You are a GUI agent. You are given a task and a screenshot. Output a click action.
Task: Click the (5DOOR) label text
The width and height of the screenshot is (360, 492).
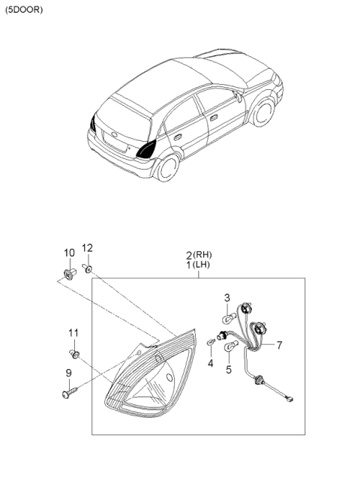tap(24, 10)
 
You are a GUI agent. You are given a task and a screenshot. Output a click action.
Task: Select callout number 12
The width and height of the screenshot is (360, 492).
tap(87, 248)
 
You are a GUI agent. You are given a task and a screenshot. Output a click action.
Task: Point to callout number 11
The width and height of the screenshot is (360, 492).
tap(73, 332)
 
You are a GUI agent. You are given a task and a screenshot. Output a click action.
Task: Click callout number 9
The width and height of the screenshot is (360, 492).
tap(68, 372)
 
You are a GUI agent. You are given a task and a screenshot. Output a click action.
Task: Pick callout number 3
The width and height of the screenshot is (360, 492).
tap(226, 299)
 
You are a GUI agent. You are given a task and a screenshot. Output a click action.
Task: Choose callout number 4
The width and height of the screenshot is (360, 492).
tap(210, 364)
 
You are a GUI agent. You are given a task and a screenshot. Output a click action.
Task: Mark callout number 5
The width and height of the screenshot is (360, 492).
tap(229, 369)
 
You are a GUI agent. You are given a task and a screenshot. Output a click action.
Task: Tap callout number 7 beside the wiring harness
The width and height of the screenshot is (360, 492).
tap(278, 345)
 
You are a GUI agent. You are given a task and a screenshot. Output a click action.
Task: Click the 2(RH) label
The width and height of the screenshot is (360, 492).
tap(199, 255)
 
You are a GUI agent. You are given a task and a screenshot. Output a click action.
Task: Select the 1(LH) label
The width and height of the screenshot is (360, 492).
tap(199, 266)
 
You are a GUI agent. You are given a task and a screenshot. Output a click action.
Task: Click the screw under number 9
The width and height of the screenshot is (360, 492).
tap(68, 391)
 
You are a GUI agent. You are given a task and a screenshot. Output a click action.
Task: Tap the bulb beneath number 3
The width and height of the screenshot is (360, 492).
tap(228, 317)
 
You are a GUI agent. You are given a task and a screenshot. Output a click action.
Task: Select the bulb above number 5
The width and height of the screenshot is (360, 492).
tap(232, 345)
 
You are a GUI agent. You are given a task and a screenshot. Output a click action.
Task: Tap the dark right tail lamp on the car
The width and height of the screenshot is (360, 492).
tap(146, 148)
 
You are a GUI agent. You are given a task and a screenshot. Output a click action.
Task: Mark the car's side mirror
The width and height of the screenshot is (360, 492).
tap(238, 97)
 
